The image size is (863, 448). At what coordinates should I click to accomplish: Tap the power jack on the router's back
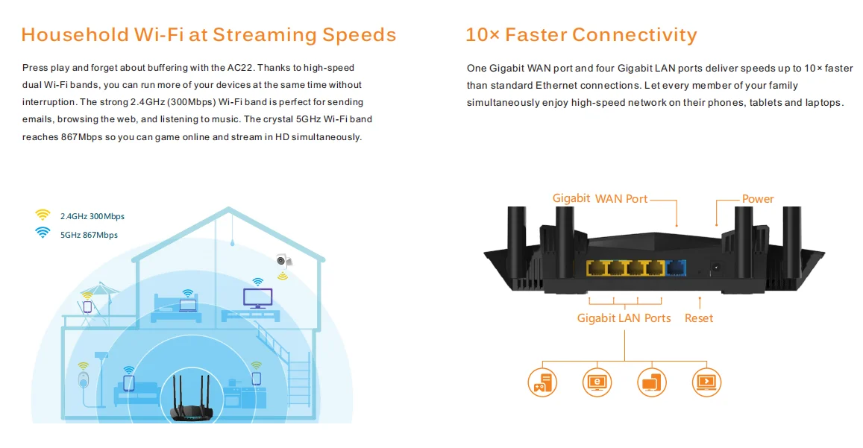click(717, 267)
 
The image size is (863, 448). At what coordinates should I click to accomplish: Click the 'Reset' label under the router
click(699, 318)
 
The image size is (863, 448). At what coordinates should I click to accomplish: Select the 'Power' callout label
click(758, 199)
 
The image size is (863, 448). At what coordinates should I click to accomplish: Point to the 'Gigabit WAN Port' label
click(600, 198)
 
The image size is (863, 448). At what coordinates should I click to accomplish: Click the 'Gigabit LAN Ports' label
click(624, 318)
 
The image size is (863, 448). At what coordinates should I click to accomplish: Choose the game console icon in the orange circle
click(542, 381)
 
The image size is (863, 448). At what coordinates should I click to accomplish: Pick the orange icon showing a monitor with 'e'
click(597, 381)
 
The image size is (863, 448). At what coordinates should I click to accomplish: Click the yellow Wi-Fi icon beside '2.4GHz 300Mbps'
click(43, 215)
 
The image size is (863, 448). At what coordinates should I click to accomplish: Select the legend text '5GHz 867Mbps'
click(89, 235)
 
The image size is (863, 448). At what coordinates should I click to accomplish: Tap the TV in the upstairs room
click(257, 298)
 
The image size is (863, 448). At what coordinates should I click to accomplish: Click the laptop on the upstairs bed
click(187, 304)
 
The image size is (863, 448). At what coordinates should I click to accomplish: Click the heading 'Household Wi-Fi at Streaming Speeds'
click(209, 34)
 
